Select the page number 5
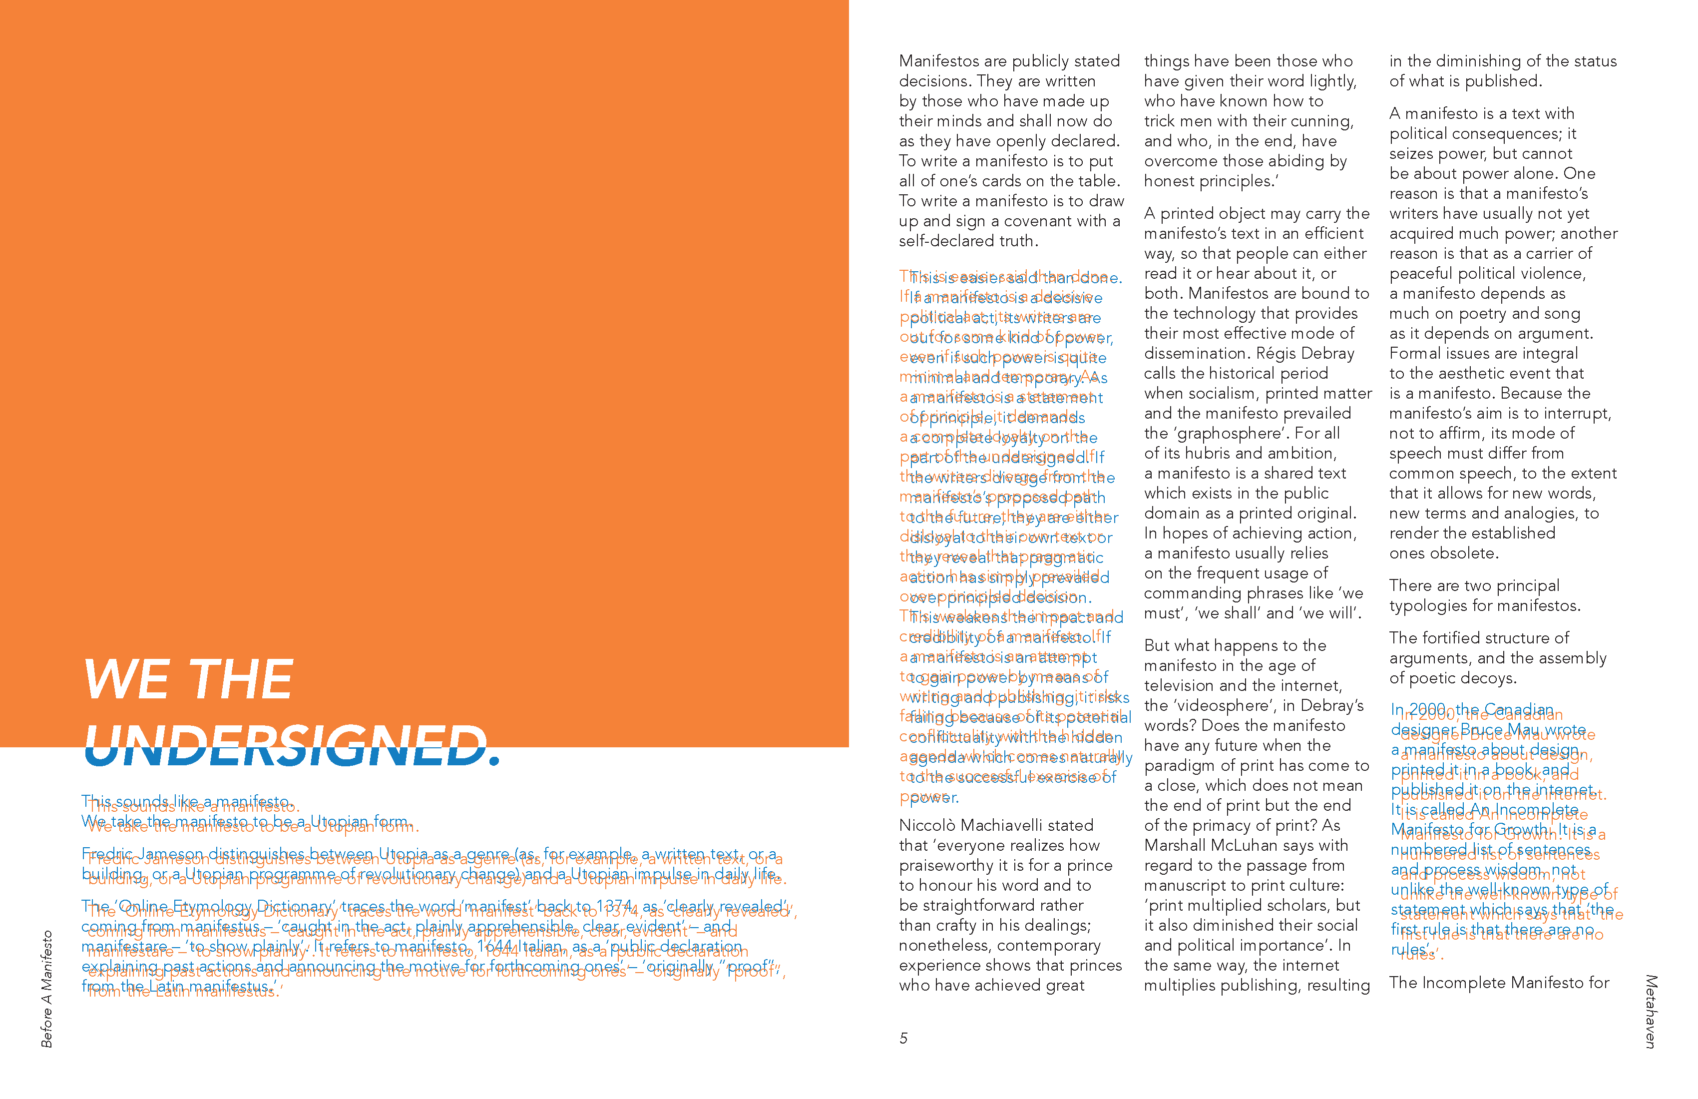903,1039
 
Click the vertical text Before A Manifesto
47,989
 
